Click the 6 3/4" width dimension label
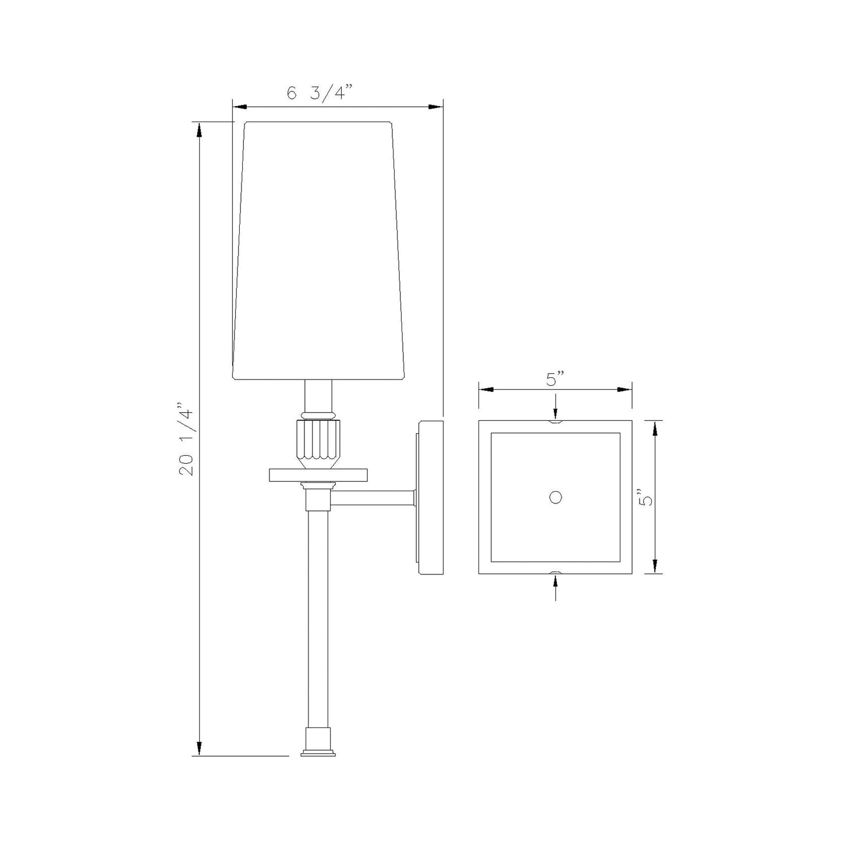[320, 93]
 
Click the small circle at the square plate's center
[556, 497]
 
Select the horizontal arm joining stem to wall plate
[372, 498]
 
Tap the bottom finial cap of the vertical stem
[318, 745]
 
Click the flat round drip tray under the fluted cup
[318, 475]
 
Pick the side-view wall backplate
[431, 497]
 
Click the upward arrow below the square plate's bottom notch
[556, 588]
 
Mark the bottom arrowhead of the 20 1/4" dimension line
[200, 748]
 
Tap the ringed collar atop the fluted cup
[319, 415]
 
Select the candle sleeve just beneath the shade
[319, 396]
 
